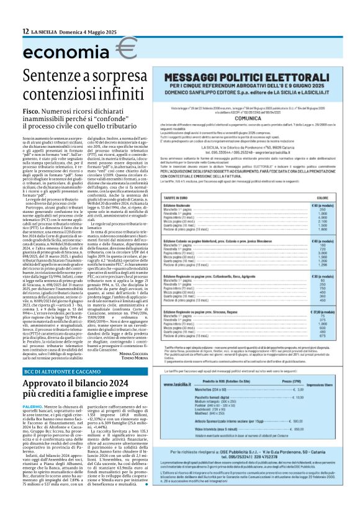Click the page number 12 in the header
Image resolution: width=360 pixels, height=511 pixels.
[25, 31]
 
